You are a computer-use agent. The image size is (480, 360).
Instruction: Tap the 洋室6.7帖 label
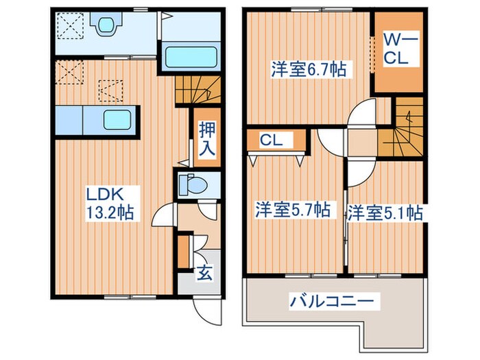tap(308, 69)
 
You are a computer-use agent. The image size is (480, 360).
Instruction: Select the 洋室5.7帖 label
tap(292, 211)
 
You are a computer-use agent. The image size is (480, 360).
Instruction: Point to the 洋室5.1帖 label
tap(384, 213)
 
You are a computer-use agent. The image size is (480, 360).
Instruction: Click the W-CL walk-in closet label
tap(396, 49)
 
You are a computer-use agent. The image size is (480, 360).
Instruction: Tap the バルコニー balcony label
tap(331, 300)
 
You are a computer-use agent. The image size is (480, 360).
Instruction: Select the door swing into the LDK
tap(163, 217)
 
